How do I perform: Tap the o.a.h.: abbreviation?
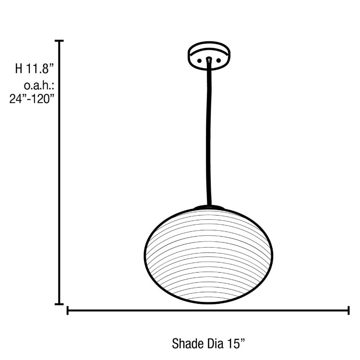click(x=38, y=86)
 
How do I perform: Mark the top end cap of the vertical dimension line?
click(x=60, y=42)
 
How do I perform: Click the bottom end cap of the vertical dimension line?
click(x=60, y=303)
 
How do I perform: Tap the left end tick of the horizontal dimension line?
click(x=68, y=311)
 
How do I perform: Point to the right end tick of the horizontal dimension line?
click(x=348, y=311)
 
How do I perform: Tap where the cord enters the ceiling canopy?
click(x=209, y=60)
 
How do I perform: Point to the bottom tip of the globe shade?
click(x=211, y=303)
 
